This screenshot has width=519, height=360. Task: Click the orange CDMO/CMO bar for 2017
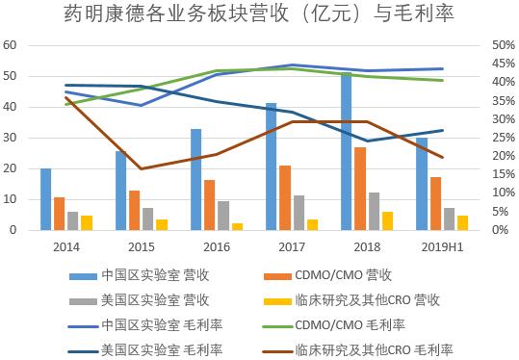coord(285,197)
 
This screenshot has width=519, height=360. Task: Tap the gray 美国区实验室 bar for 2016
coord(223,215)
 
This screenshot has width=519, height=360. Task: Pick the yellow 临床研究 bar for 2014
coord(87,222)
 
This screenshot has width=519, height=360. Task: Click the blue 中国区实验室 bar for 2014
coord(45,199)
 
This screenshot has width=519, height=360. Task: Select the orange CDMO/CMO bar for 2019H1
coord(435,203)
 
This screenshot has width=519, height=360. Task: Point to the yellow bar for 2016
coord(237,226)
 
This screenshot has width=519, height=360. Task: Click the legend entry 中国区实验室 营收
coord(148,275)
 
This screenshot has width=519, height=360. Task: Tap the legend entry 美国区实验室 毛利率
coord(148,348)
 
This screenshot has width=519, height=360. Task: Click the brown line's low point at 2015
coord(142,169)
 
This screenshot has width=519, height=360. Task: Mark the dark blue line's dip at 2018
coord(367,141)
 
